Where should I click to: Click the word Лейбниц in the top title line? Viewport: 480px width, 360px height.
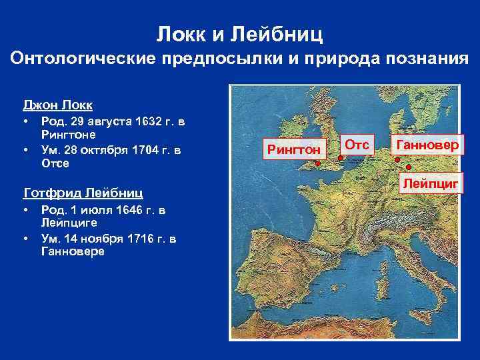[283, 31]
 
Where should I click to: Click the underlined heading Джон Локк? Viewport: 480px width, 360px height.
[58, 105]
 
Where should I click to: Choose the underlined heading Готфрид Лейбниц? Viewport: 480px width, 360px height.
[83, 193]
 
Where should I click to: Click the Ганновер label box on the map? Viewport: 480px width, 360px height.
[427, 145]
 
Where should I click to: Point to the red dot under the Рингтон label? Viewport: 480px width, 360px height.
[318, 163]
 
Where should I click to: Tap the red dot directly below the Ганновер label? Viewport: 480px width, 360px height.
[397, 159]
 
